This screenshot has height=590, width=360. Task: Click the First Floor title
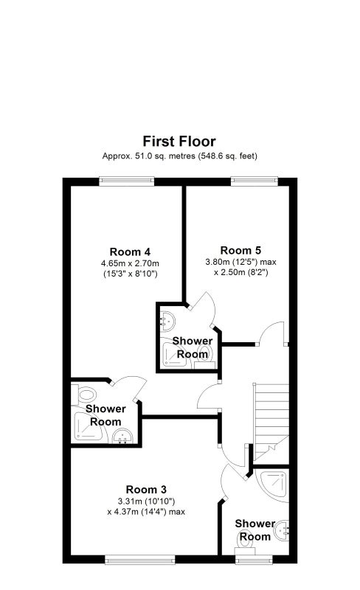click(179, 142)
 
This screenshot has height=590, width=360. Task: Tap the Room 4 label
click(130, 251)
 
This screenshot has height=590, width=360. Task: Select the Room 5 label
click(240, 251)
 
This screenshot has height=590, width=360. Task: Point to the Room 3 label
click(146, 490)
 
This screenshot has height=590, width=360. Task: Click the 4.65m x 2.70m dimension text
click(130, 263)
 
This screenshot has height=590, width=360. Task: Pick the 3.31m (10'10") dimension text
click(146, 502)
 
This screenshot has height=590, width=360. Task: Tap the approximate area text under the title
click(179, 156)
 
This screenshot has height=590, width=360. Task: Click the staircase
click(271, 421)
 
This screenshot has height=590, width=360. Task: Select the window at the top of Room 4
click(127, 181)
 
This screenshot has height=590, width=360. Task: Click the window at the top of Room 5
click(255, 181)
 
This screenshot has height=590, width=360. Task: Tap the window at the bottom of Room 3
click(140, 560)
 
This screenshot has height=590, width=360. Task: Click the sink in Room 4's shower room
click(122, 436)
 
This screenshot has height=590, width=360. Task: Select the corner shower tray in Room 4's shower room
click(87, 428)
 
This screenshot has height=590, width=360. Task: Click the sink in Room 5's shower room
click(167, 321)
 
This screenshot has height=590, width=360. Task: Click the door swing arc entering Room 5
click(272, 328)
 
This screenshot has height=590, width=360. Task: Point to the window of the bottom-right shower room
click(255, 560)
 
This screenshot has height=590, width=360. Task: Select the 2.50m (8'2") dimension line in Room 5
click(241, 272)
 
